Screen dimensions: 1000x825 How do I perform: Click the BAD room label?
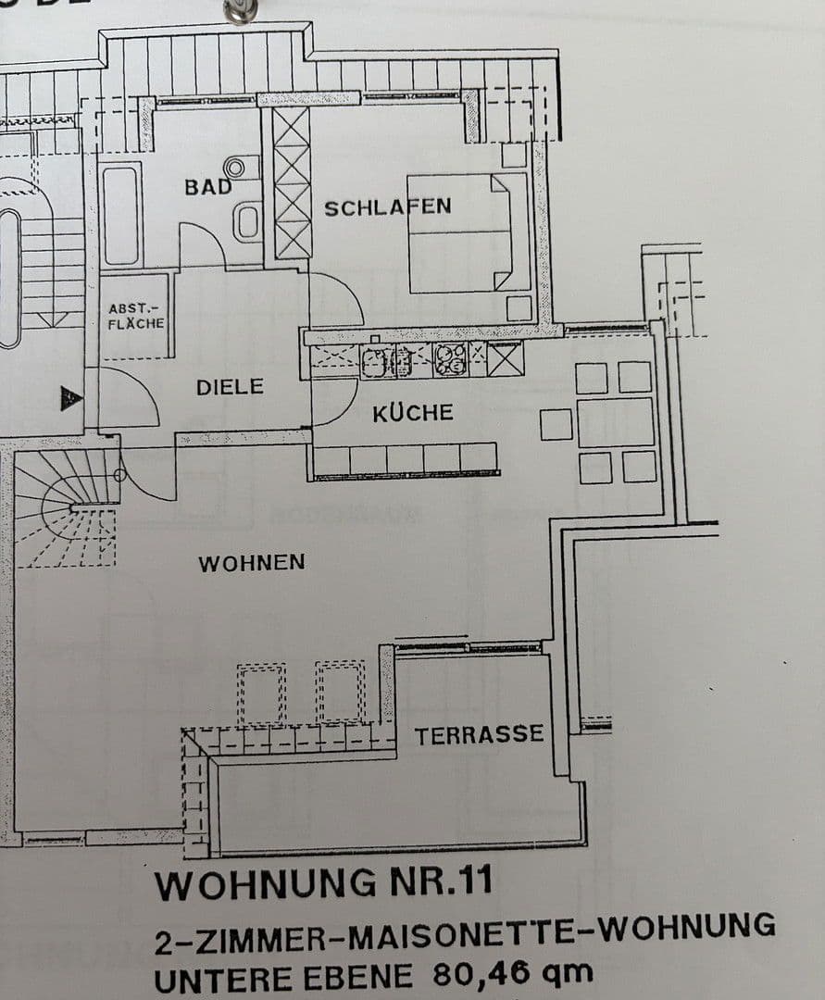[207, 186]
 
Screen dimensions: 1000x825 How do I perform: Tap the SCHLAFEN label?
[387, 206]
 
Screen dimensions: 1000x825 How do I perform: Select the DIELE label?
[230, 387]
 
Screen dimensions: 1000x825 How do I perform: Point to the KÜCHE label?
[413, 413]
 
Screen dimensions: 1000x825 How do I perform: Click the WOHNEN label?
[251, 562]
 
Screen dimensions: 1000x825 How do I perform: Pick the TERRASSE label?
[479, 736]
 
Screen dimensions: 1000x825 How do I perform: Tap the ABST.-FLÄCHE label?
[136, 316]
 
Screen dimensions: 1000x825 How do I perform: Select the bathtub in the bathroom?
[121, 214]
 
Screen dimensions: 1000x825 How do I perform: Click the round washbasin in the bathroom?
[236, 168]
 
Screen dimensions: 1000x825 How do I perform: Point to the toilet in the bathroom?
[247, 221]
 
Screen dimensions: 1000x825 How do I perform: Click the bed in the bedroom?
[469, 232]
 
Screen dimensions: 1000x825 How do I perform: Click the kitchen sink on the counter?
[385, 359]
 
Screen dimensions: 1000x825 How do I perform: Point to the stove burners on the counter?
[450, 359]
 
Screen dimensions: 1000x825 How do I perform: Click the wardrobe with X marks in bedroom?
[292, 183]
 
